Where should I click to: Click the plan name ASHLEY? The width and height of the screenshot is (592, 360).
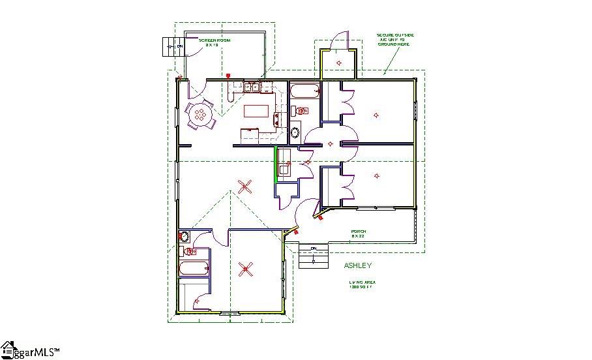pyautogui.click(x=358, y=265)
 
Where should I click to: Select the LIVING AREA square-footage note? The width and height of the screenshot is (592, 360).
pyautogui.click(x=362, y=284)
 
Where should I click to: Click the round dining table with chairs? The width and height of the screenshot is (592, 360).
pyautogui.click(x=200, y=115)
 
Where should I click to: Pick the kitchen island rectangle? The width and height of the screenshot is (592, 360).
pyautogui.click(x=258, y=110)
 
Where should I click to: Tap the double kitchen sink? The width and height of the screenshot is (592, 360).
pyautogui.click(x=252, y=87)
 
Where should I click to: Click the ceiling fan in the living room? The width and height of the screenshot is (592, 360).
pyautogui.click(x=245, y=188)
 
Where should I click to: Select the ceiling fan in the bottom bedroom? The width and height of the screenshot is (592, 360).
pyautogui.click(x=246, y=268)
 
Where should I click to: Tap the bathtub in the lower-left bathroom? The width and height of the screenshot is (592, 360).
pyautogui.click(x=194, y=267)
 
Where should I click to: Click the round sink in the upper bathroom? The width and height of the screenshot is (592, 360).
pyautogui.click(x=295, y=133)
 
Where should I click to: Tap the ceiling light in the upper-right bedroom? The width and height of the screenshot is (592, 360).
pyautogui.click(x=376, y=115)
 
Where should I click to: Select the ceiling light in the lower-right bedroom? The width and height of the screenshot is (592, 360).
pyautogui.click(x=376, y=175)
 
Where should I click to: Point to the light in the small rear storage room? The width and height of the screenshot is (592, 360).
pyautogui.click(x=339, y=62)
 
